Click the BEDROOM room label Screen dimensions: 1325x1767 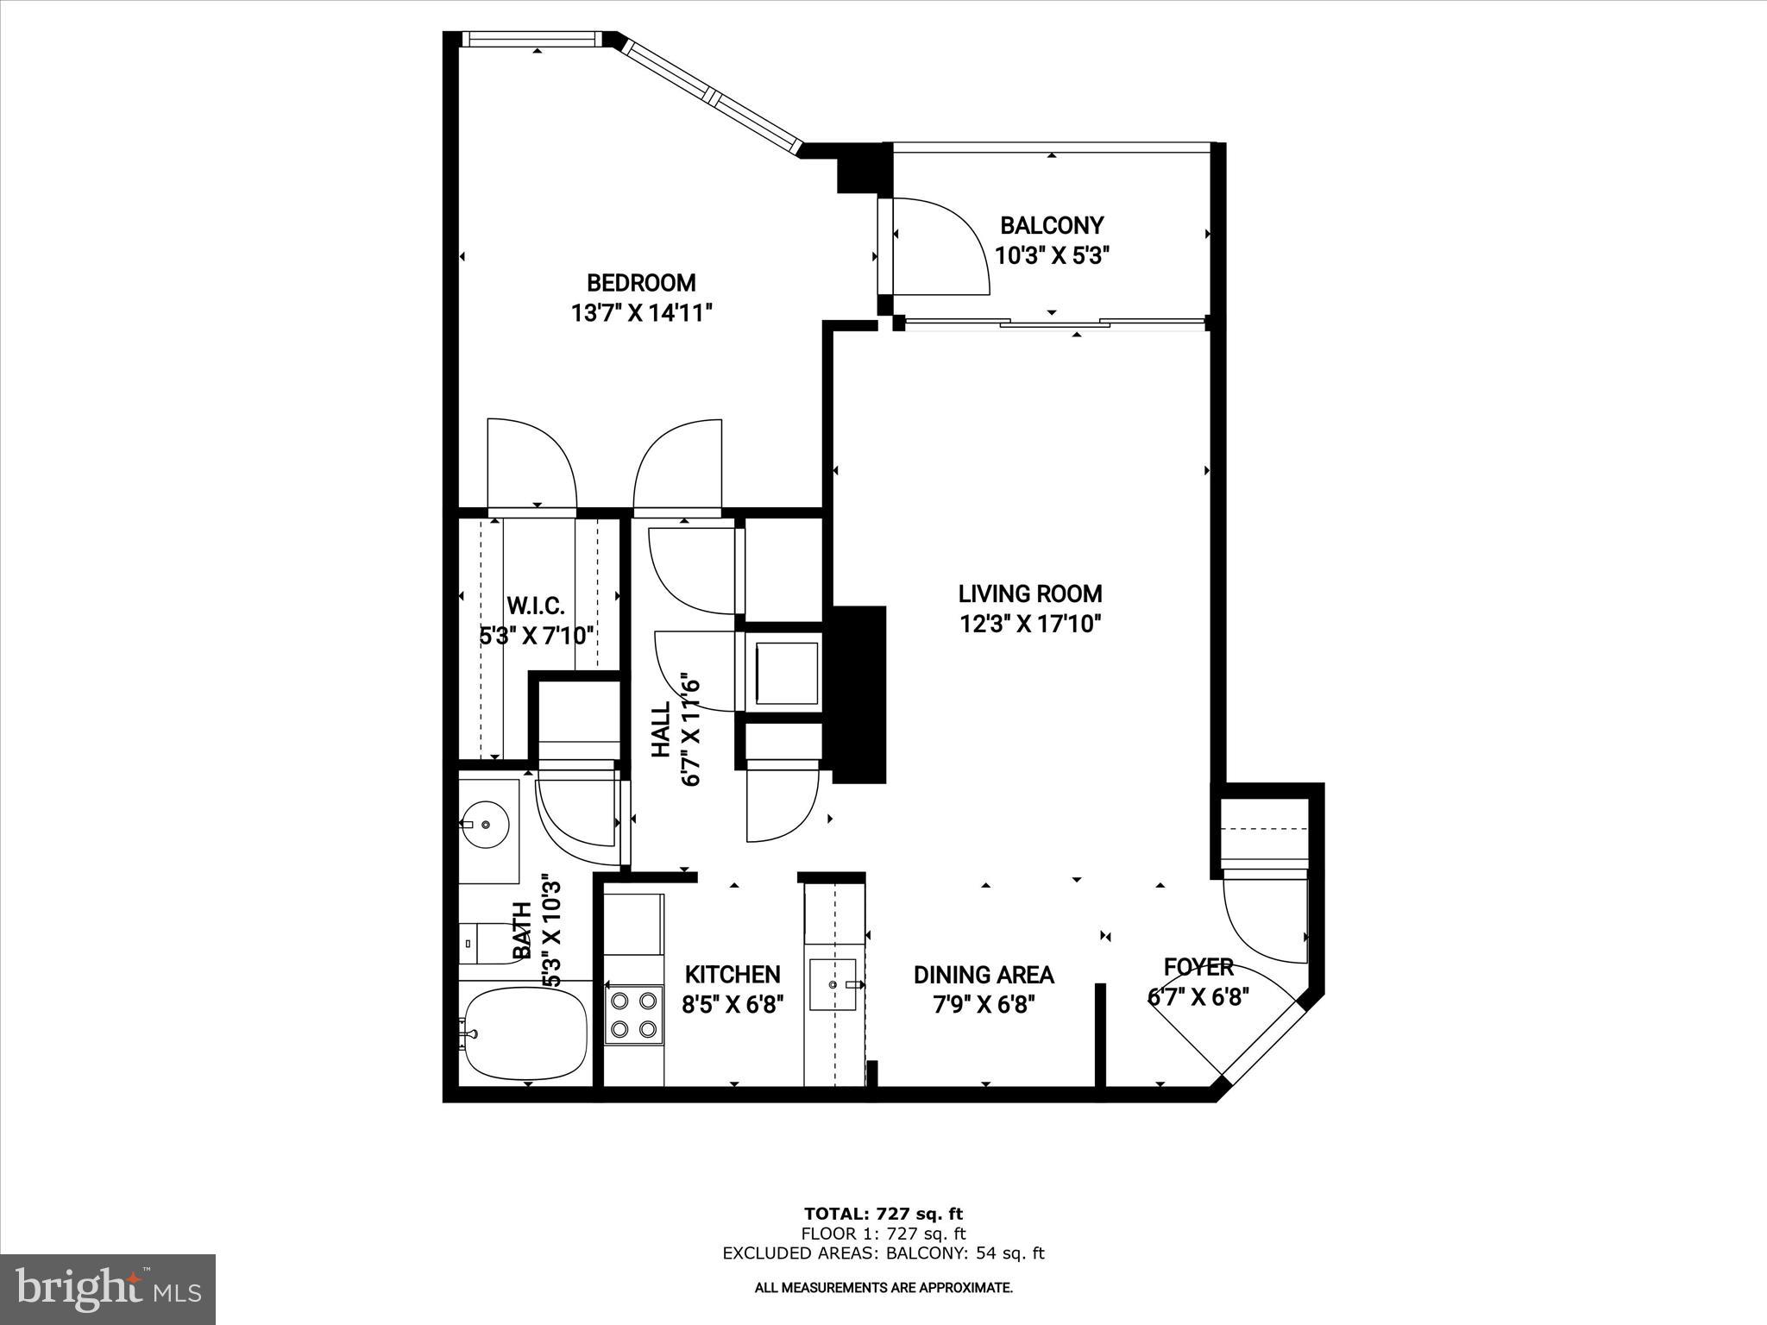pyautogui.click(x=641, y=283)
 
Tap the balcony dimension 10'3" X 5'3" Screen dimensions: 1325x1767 pyautogui.click(x=1051, y=256)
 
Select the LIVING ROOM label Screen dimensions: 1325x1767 pyautogui.click(x=1030, y=593)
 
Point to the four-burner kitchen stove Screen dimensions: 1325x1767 pyautogui.click(x=633, y=1014)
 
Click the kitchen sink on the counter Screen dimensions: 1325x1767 pyautogui.click(x=833, y=983)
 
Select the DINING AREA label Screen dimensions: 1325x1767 pyautogui.click(x=984, y=975)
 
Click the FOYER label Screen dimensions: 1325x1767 pyautogui.click(x=1198, y=967)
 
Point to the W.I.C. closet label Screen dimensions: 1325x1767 pyautogui.click(x=535, y=606)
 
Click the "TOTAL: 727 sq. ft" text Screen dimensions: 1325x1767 pyautogui.click(x=883, y=1214)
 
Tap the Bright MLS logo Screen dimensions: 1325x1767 pyautogui.click(x=108, y=1290)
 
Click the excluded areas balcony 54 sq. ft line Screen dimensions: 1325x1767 pyautogui.click(x=883, y=1253)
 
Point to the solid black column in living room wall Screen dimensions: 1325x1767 pyautogui.click(x=858, y=694)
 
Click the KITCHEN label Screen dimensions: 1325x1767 pyautogui.click(x=733, y=975)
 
